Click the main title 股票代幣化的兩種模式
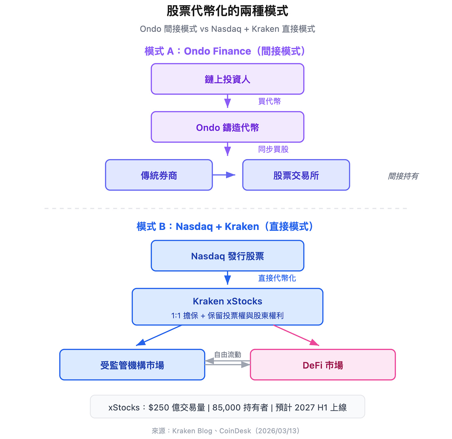(x=227, y=11)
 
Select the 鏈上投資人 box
(x=227, y=79)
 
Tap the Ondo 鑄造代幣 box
(x=227, y=127)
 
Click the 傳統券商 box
(x=159, y=175)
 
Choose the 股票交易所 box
(x=296, y=175)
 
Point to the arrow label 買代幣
(x=269, y=101)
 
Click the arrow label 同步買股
(x=273, y=150)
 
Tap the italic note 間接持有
(x=403, y=176)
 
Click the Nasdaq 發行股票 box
(x=227, y=256)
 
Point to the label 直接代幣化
(x=277, y=278)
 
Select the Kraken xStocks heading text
(x=227, y=301)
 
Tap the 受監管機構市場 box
(x=132, y=365)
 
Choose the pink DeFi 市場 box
(x=323, y=365)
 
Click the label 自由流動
(x=228, y=355)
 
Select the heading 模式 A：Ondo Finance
(x=225, y=51)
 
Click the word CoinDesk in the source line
(x=235, y=431)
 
